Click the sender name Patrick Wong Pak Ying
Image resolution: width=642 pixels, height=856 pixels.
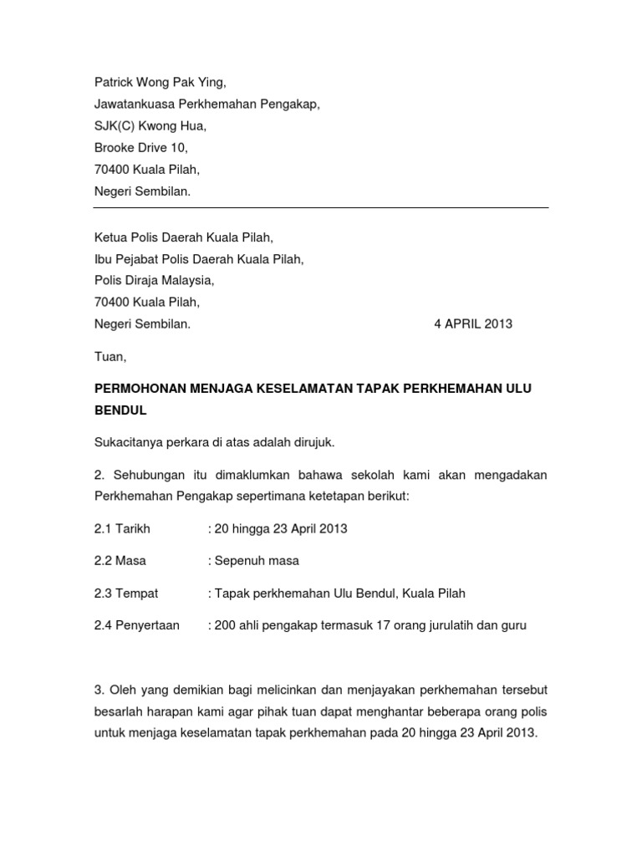click(x=160, y=83)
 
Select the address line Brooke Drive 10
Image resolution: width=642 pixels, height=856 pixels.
click(x=140, y=148)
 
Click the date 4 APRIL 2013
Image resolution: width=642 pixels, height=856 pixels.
click(x=473, y=324)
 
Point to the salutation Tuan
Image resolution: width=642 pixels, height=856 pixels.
click(x=110, y=357)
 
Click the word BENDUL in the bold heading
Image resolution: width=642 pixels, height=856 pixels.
click(x=120, y=410)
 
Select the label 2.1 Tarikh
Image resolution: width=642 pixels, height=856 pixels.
click(x=122, y=529)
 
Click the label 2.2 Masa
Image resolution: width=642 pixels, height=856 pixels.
click(x=120, y=561)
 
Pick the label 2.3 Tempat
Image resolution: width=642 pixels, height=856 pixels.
click(x=126, y=593)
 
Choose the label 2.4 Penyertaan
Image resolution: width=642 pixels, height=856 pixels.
click(x=136, y=624)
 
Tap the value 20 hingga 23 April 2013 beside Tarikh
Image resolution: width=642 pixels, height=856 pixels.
click(x=280, y=529)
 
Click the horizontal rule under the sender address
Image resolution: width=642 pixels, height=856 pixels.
click(x=321, y=208)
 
